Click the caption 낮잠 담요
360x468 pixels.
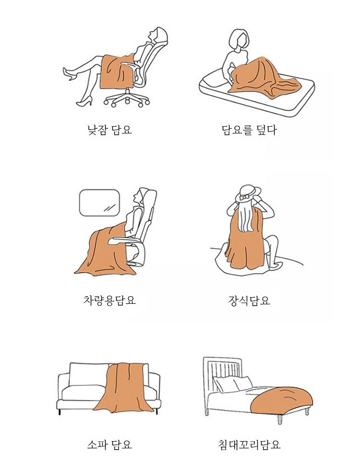[x=109, y=130]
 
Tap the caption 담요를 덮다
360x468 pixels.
[x=249, y=130]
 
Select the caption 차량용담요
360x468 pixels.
[x=109, y=300]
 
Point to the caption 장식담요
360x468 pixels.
[x=249, y=300]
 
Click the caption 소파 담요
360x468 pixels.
[x=109, y=444]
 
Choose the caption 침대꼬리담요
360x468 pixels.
[x=249, y=444]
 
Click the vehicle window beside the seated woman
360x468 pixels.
[x=99, y=203]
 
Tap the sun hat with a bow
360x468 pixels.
[x=248, y=193]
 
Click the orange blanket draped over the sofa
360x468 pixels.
[x=125, y=387]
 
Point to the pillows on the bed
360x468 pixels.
[x=233, y=384]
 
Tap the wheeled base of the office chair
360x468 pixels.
[x=127, y=98]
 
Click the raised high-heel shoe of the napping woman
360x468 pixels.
[x=69, y=74]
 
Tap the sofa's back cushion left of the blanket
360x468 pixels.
[x=89, y=374]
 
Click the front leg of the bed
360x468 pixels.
[x=280, y=419]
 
